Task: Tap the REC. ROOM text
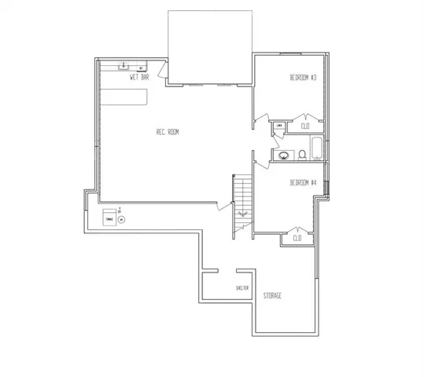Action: tap(168, 133)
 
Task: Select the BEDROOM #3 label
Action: tap(303, 78)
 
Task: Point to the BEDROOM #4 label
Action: tap(303, 183)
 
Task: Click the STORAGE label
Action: tap(273, 295)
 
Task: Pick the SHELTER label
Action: tap(242, 288)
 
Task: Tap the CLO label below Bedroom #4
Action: tap(297, 237)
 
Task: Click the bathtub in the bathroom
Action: tap(315, 148)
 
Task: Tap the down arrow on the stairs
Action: tap(242, 212)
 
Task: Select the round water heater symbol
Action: tap(122, 220)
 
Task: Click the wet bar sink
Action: tap(125, 68)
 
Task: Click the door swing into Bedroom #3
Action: tap(258, 122)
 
